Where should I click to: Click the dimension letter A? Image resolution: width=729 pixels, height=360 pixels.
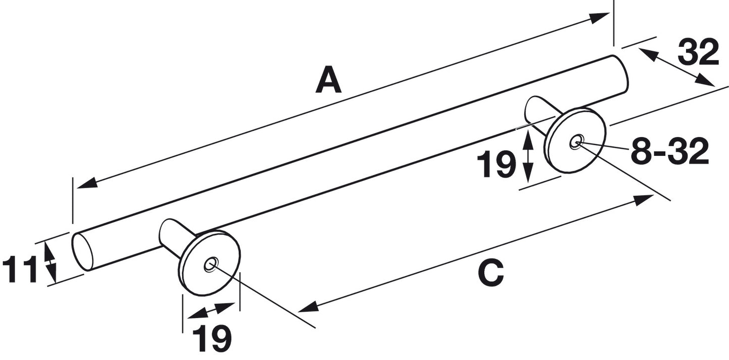click(x=328, y=80)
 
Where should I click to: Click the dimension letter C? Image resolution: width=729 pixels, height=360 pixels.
click(x=491, y=272)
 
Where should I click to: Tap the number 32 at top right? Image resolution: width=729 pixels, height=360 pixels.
click(x=698, y=52)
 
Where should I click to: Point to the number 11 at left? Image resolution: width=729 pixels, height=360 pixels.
click(x=20, y=269)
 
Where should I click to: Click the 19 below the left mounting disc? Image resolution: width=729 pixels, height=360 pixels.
click(x=212, y=338)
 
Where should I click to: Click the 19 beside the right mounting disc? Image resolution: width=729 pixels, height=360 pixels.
click(x=496, y=164)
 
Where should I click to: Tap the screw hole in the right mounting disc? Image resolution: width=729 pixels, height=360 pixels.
click(x=576, y=142)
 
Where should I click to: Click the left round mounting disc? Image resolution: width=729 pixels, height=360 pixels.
click(x=210, y=263)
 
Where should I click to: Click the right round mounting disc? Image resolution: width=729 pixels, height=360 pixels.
click(x=576, y=141)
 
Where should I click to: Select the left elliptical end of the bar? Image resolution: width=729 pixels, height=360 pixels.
click(x=82, y=252)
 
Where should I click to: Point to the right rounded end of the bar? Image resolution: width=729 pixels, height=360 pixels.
click(x=620, y=73)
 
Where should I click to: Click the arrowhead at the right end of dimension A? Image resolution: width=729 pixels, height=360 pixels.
click(x=599, y=18)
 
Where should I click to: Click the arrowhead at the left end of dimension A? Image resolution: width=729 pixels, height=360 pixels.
click(x=88, y=183)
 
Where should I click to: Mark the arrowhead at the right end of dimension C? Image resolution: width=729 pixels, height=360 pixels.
click(x=643, y=200)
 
